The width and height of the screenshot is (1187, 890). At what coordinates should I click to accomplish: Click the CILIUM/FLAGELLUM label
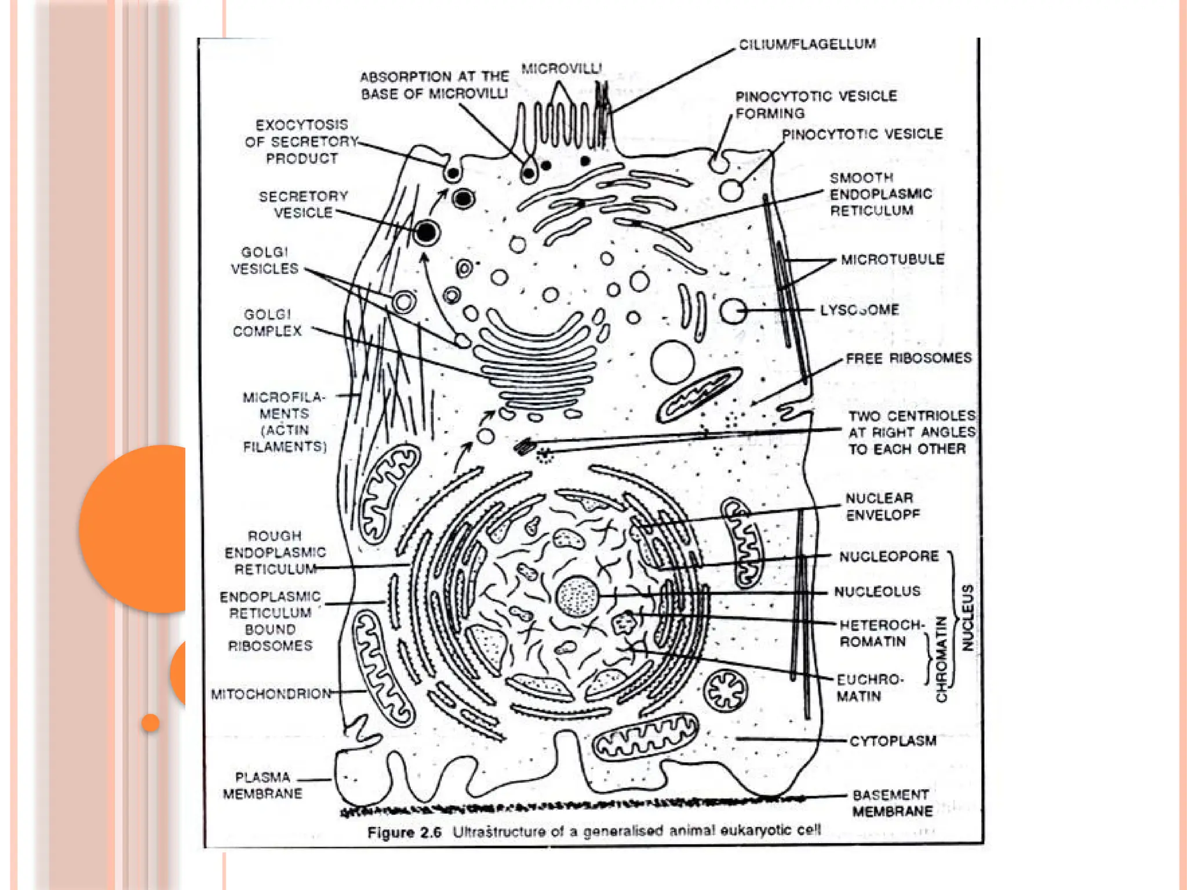coord(807,45)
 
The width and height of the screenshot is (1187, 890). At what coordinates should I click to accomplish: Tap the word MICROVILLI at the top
coord(561,69)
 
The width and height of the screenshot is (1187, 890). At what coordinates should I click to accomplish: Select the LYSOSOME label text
coord(859,310)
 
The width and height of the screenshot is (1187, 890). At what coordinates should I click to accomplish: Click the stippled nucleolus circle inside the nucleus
coord(577,596)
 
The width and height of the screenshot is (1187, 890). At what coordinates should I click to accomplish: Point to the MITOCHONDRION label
coord(271,694)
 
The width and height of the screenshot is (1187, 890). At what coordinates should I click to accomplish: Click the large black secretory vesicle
coord(427,233)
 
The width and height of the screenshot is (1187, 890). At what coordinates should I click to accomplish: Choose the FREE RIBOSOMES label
coord(908,359)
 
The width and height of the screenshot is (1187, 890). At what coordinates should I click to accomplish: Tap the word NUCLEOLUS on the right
coord(877,592)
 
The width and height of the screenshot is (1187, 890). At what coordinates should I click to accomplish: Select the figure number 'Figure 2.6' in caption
coord(404,833)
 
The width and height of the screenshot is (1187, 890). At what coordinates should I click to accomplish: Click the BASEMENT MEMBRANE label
coord(891,803)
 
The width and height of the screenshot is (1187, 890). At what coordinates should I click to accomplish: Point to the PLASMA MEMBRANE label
coord(263,785)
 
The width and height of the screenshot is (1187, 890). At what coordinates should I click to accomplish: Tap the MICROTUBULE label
coord(892,259)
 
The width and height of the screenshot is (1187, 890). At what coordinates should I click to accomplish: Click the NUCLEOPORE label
coord(889,557)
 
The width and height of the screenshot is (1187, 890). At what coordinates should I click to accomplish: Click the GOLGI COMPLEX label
coord(267,323)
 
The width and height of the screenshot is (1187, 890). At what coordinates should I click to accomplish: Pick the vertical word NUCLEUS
coord(967,618)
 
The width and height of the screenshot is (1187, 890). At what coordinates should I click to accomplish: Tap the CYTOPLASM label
coord(893,741)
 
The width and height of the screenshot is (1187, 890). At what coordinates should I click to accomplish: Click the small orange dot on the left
coord(150,723)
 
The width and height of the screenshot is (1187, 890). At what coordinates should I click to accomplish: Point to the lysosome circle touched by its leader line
coord(733,311)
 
